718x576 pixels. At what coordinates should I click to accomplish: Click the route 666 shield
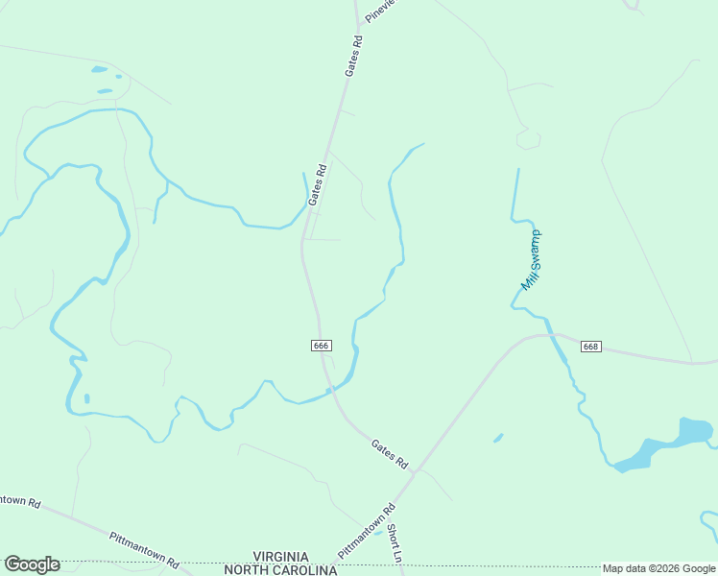coord(322,346)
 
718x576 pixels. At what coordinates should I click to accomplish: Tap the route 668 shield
coord(590,347)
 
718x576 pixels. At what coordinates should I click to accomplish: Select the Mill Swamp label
coord(531,259)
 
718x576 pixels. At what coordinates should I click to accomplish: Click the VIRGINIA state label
coord(280,557)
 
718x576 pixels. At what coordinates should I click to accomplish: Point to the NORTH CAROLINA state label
coord(280,569)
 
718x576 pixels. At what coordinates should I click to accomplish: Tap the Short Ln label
coord(394,543)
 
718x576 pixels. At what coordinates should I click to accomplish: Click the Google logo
coord(32,564)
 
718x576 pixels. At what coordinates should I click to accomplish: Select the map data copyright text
coord(659,568)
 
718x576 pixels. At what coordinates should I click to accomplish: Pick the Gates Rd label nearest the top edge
coord(355,57)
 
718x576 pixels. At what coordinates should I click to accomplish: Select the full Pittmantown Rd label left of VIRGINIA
coord(144,550)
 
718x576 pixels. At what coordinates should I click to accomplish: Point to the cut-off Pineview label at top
coord(380,11)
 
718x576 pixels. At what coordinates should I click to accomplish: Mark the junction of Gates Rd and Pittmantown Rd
coord(416,471)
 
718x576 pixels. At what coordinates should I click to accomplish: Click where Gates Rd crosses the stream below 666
coord(330,389)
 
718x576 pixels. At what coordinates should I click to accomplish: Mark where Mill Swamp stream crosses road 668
coord(553,335)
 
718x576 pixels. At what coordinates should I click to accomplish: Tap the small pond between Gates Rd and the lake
coord(498,438)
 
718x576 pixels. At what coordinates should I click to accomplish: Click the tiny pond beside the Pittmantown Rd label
coord(380,531)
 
